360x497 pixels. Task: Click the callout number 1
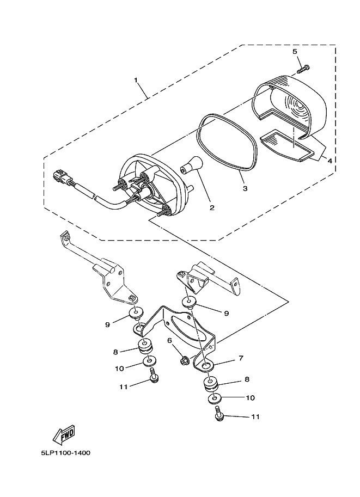tap(136, 80)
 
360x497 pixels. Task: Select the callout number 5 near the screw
tap(295, 52)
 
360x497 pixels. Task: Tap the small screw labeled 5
tap(303, 69)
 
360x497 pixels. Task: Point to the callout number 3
tap(245, 188)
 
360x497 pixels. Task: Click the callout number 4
tap(330, 161)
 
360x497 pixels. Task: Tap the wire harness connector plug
tap(60, 176)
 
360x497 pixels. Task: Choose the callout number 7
tap(241, 358)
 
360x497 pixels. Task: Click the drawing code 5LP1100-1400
tap(66, 452)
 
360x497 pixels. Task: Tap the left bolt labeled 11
tap(154, 376)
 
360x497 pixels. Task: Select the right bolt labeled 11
tap(219, 414)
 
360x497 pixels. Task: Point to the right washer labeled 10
tap(215, 398)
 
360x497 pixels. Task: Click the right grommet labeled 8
tap(211, 384)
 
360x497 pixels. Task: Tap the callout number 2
tap(212, 207)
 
